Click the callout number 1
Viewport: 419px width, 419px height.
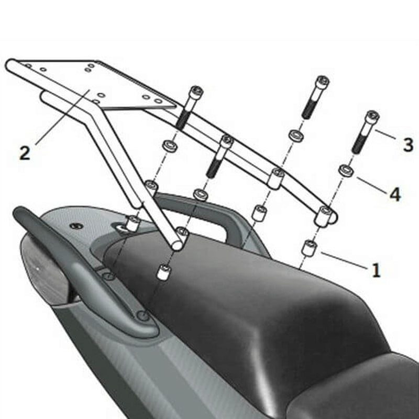click(x=376, y=270)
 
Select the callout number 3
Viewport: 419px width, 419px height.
click(x=408, y=145)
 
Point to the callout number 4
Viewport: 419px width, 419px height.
click(x=394, y=194)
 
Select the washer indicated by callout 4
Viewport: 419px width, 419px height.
click(x=345, y=171)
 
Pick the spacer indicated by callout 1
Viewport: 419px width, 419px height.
click(x=310, y=247)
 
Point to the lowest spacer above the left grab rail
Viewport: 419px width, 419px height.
click(x=164, y=272)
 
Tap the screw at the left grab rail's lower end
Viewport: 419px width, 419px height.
click(x=142, y=316)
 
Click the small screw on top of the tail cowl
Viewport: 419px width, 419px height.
click(x=76, y=226)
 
